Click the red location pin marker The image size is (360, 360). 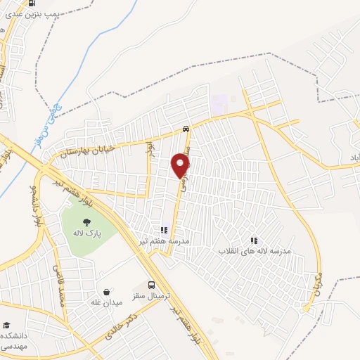(x=181, y=164)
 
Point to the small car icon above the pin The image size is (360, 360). (x=185, y=129)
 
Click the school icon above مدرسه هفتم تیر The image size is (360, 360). (x=165, y=229)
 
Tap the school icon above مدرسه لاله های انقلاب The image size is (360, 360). (x=254, y=240)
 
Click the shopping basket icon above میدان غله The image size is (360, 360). (x=105, y=292)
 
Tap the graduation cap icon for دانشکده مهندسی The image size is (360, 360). (x=7, y=326)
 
